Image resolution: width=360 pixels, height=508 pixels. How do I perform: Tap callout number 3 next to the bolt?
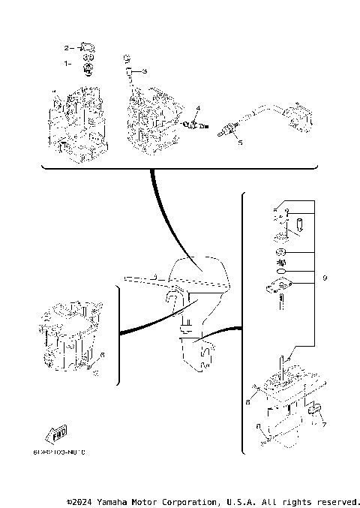pyautogui.click(x=145, y=71)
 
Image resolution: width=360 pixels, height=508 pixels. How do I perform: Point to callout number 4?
pyautogui.click(x=198, y=109)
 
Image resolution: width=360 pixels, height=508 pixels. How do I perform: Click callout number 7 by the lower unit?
pyautogui.click(x=324, y=425)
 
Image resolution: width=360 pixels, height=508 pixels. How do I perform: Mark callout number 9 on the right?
pyautogui.click(x=325, y=278)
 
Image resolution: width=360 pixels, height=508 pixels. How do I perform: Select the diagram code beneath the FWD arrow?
pyautogui.click(x=59, y=452)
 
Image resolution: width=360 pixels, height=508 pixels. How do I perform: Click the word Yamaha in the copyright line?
pyautogui.click(x=115, y=500)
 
